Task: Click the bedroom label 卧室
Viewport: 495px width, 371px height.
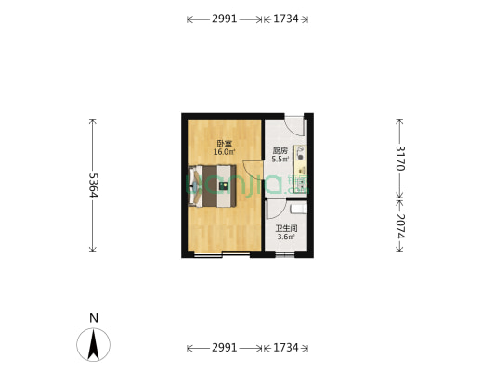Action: point(224,144)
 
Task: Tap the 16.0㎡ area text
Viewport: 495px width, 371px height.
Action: point(224,152)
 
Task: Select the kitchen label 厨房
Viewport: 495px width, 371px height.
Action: point(280,151)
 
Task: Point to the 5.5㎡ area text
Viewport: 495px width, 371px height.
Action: point(280,160)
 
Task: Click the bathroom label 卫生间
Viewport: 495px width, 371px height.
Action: point(286,228)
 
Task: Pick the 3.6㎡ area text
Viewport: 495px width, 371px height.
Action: point(286,237)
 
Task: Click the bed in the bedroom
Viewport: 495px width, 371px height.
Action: point(215,185)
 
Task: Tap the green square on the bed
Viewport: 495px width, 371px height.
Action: point(223,185)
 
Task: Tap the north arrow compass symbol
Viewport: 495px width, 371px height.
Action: point(93,345)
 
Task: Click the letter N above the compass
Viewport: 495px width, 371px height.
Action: point(93,318)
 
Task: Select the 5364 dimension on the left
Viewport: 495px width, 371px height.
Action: point(93,185)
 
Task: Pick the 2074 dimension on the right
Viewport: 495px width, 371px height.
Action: point(399,224)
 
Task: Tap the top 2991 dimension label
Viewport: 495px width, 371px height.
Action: point(224,19)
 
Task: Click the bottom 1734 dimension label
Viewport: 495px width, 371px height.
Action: point(286,348)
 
